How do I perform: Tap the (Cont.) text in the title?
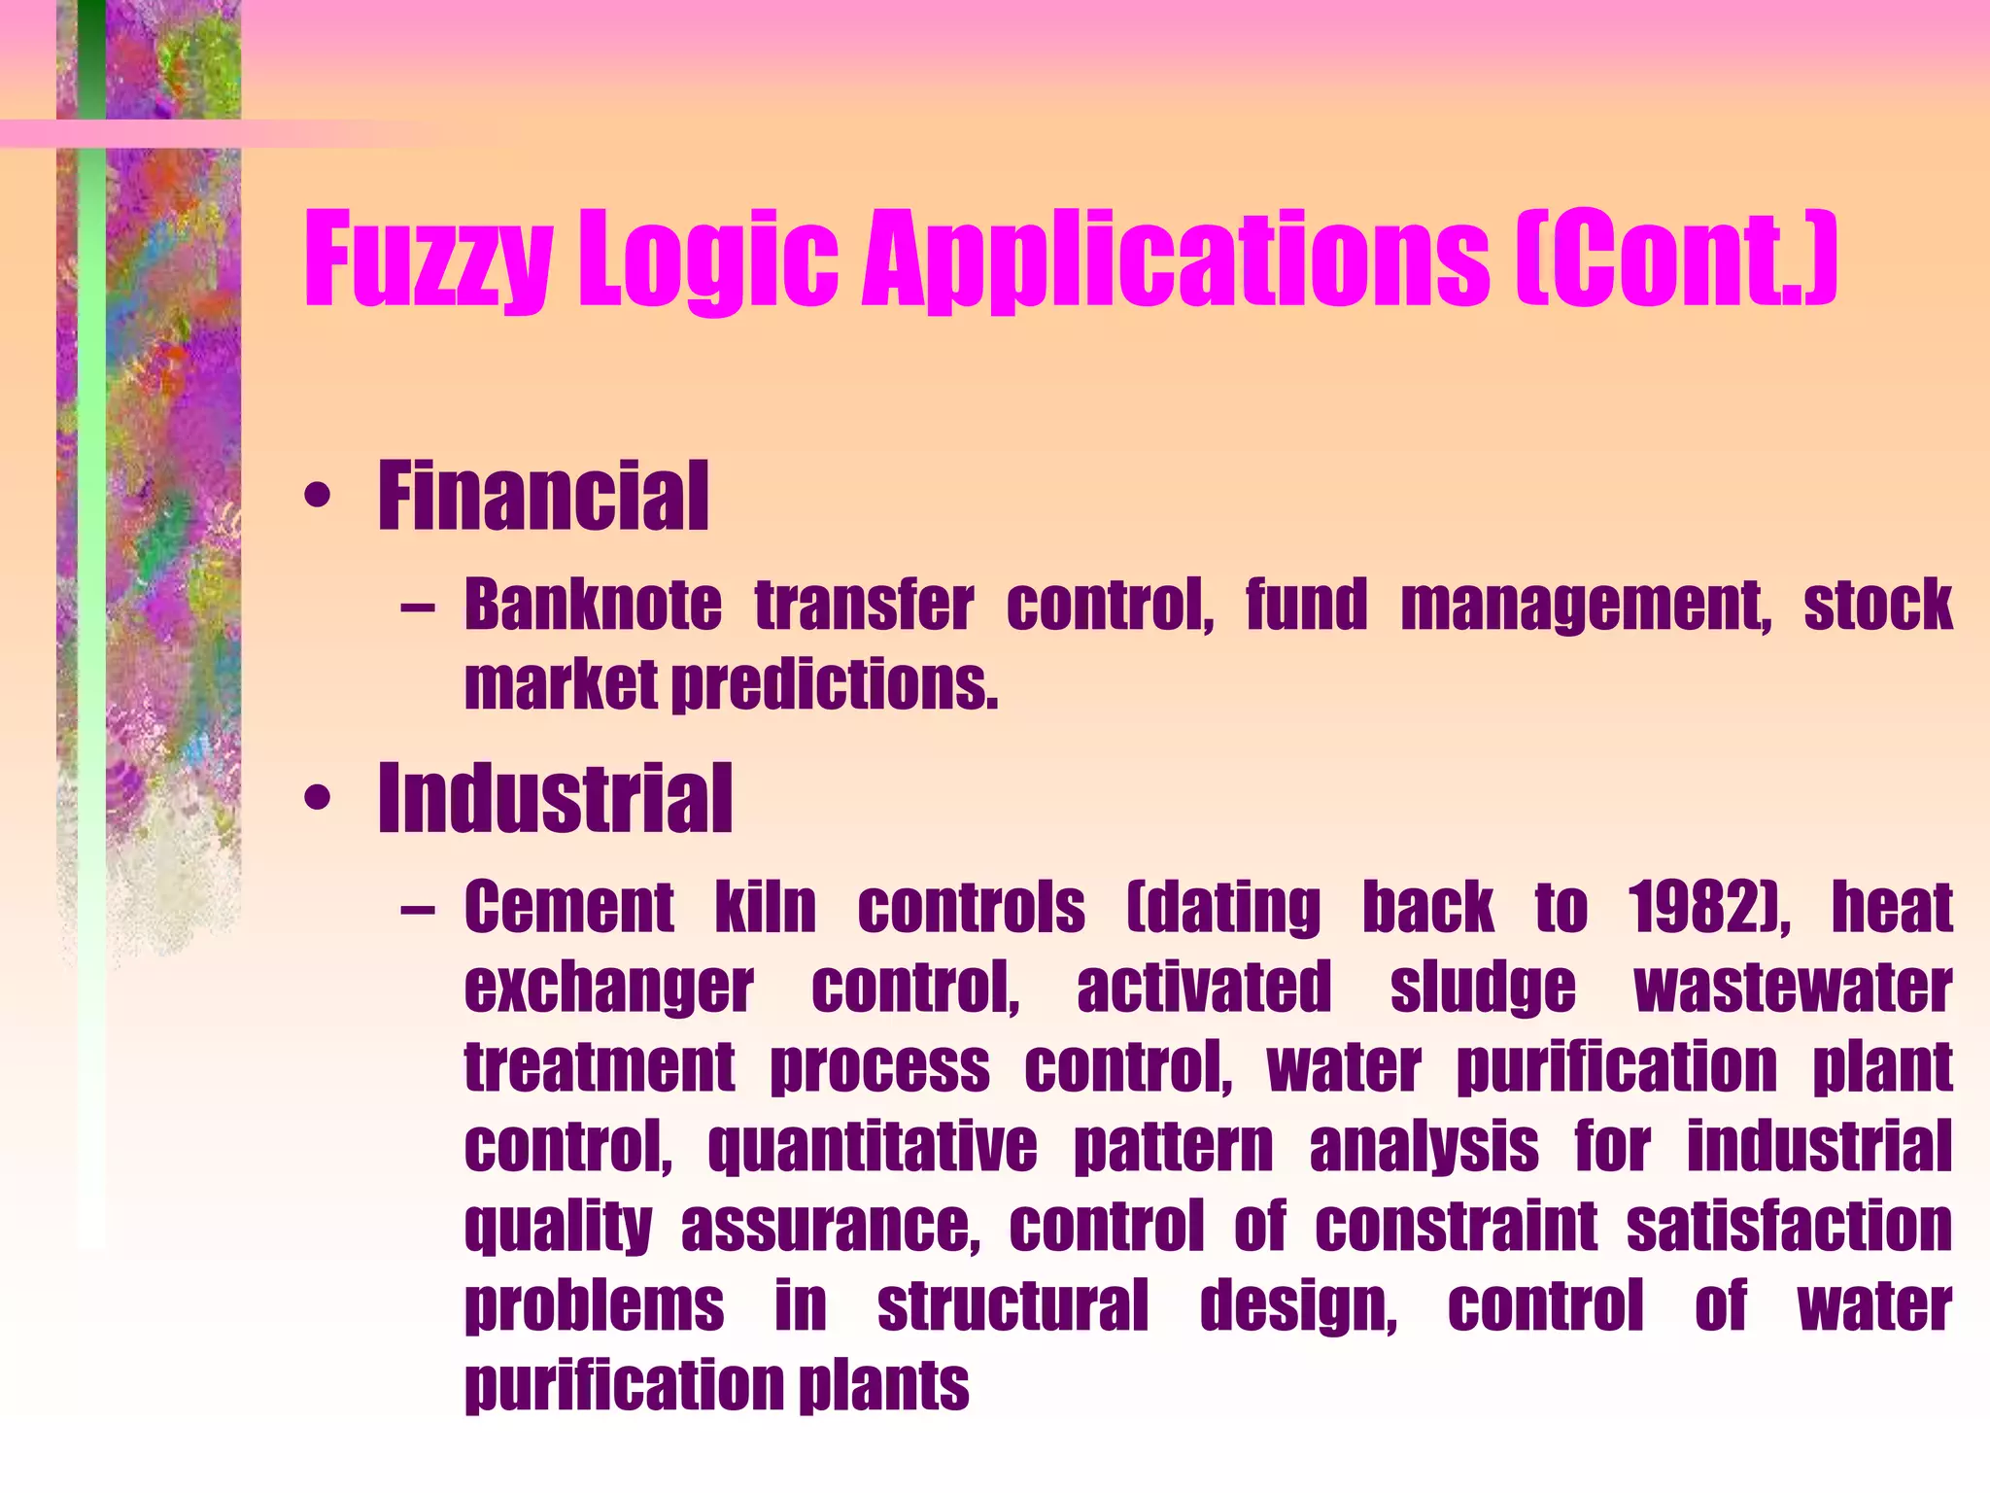[1676, 259]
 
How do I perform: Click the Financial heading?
[543, 497]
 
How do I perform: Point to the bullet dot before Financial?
[317, 498]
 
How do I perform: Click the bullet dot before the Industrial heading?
[317, 799]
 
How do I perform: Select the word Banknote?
[593, 605]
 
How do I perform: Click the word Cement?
[568, 908]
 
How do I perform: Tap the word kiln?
[766, 908]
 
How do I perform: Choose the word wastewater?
[1793, 988]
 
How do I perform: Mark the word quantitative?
[872, 1148]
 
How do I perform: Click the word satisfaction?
[1789, 1227]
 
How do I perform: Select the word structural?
[1012, 1306]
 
